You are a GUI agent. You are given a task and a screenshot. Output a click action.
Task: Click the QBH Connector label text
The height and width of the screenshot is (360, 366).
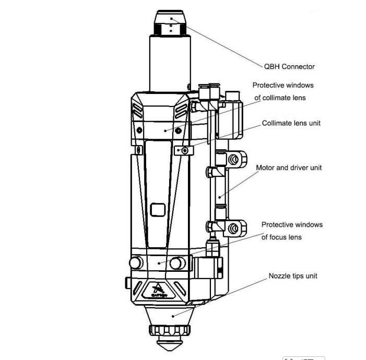coord(289,66)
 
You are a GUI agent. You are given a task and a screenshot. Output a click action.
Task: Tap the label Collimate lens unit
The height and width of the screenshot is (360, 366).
coord(291,124)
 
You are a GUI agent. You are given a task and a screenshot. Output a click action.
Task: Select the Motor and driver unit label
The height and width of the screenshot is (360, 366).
coord(289,168)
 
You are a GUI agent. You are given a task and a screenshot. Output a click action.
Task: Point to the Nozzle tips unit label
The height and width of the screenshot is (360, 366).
coord(293,276)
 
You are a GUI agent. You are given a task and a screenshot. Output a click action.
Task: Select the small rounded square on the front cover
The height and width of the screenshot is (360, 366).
coord(157,210)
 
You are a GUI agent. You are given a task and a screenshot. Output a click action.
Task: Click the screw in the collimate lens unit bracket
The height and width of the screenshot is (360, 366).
coord(184,151)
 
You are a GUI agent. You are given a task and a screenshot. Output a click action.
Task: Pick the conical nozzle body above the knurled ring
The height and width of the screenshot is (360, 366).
coord(171,315)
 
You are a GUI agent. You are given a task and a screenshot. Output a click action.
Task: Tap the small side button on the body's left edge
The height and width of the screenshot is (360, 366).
coord(127,283)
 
